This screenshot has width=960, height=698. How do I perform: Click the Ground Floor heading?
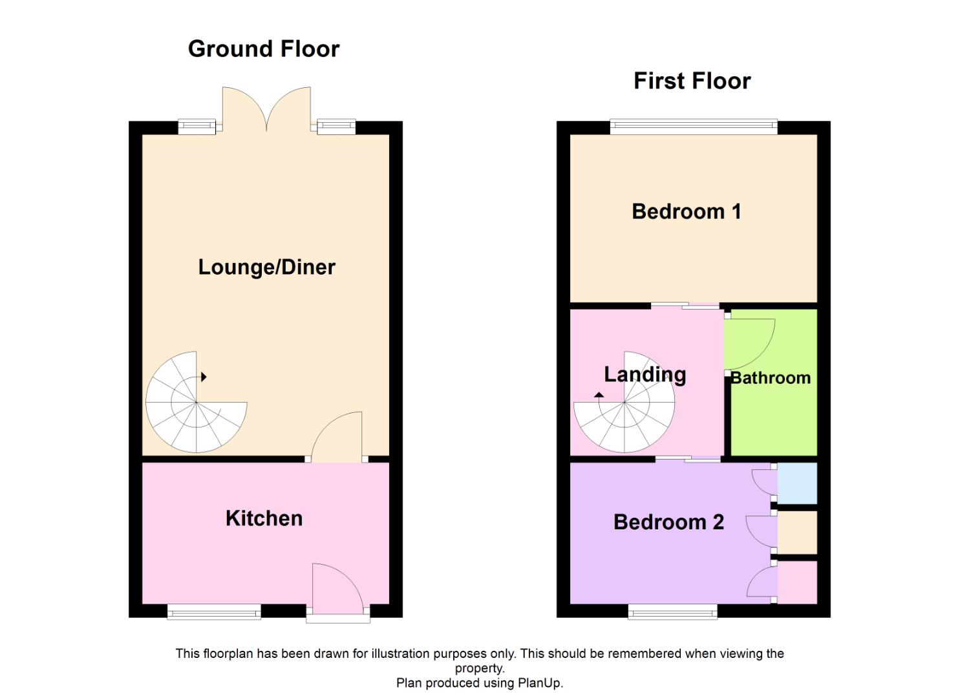click(263, 49)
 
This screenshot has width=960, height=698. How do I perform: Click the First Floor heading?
click(692, 81)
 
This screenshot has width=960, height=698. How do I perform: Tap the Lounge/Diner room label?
click(266, 267)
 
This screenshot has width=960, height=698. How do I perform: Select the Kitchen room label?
click(264, 518)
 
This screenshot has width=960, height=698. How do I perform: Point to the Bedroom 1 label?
click(686, 211)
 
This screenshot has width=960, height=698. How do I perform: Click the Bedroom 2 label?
click(668, 522)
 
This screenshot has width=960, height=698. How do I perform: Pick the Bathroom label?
click(771, 377)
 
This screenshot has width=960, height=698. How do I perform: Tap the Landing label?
click(645, 374)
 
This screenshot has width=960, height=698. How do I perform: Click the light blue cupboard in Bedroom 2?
click(797, 483)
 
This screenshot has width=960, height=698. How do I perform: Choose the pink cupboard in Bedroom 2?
click(797, 582)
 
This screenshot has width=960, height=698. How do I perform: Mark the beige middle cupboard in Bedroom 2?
click(797, 532)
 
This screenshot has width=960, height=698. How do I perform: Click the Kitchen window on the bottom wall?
click(214, 611)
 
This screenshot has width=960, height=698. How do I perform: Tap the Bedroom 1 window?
click(693, 127)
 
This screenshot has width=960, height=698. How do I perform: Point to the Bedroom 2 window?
click(672, 611)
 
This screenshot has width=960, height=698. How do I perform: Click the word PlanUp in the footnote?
click(539, 683)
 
